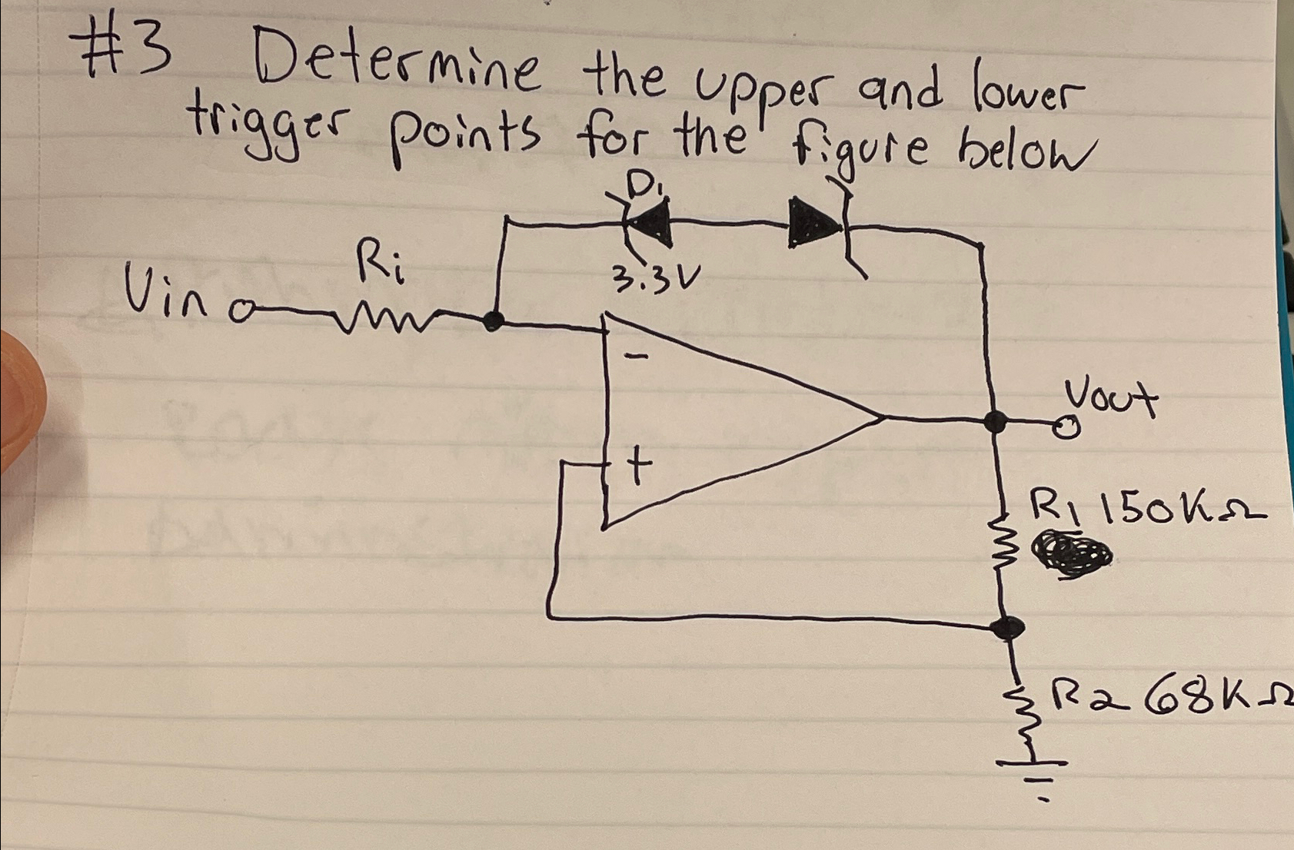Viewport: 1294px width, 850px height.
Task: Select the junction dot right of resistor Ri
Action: (x=492, y=320)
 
